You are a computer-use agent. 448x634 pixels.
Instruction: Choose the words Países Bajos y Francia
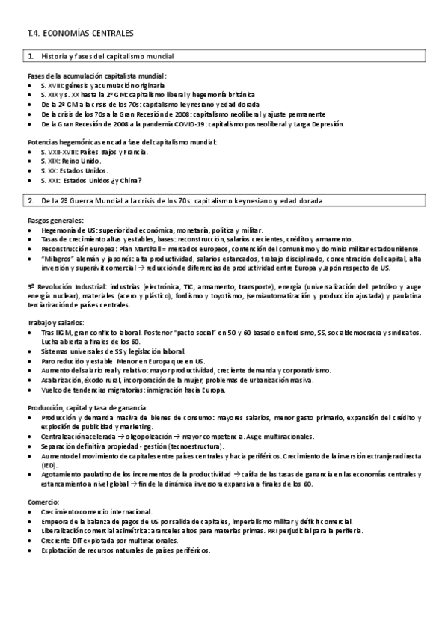click(x=114, y=152)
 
